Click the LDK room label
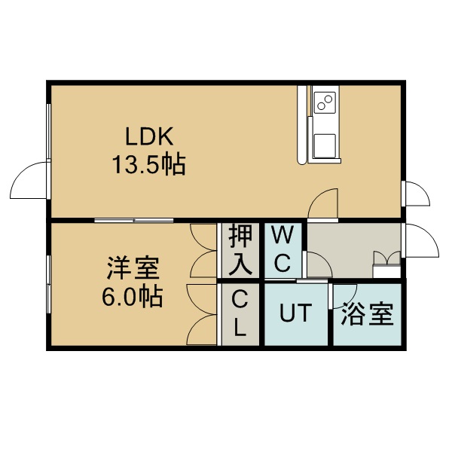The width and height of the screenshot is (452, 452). (x=149, y=136)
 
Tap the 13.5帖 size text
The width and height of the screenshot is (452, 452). (x=148, y=165)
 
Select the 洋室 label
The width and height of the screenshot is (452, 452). (x=133, y=268)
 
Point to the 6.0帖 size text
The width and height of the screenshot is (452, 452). (x=133, y=297)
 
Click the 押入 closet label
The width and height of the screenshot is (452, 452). (x=240, y=249)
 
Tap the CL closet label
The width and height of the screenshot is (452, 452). (x=240, y=313)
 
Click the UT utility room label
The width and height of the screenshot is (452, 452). (x=296, y=313)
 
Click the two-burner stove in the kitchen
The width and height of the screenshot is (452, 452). (x=325, y=102)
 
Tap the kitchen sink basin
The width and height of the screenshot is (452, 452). (x=325, y=145)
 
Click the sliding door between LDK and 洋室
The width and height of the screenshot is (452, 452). (x=134, y=221)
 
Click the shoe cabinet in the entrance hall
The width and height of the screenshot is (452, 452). (x=387, y=264)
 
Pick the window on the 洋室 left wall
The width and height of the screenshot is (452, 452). (x=49, y=284)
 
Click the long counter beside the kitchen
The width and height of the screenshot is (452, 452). (x=302, y=125)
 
